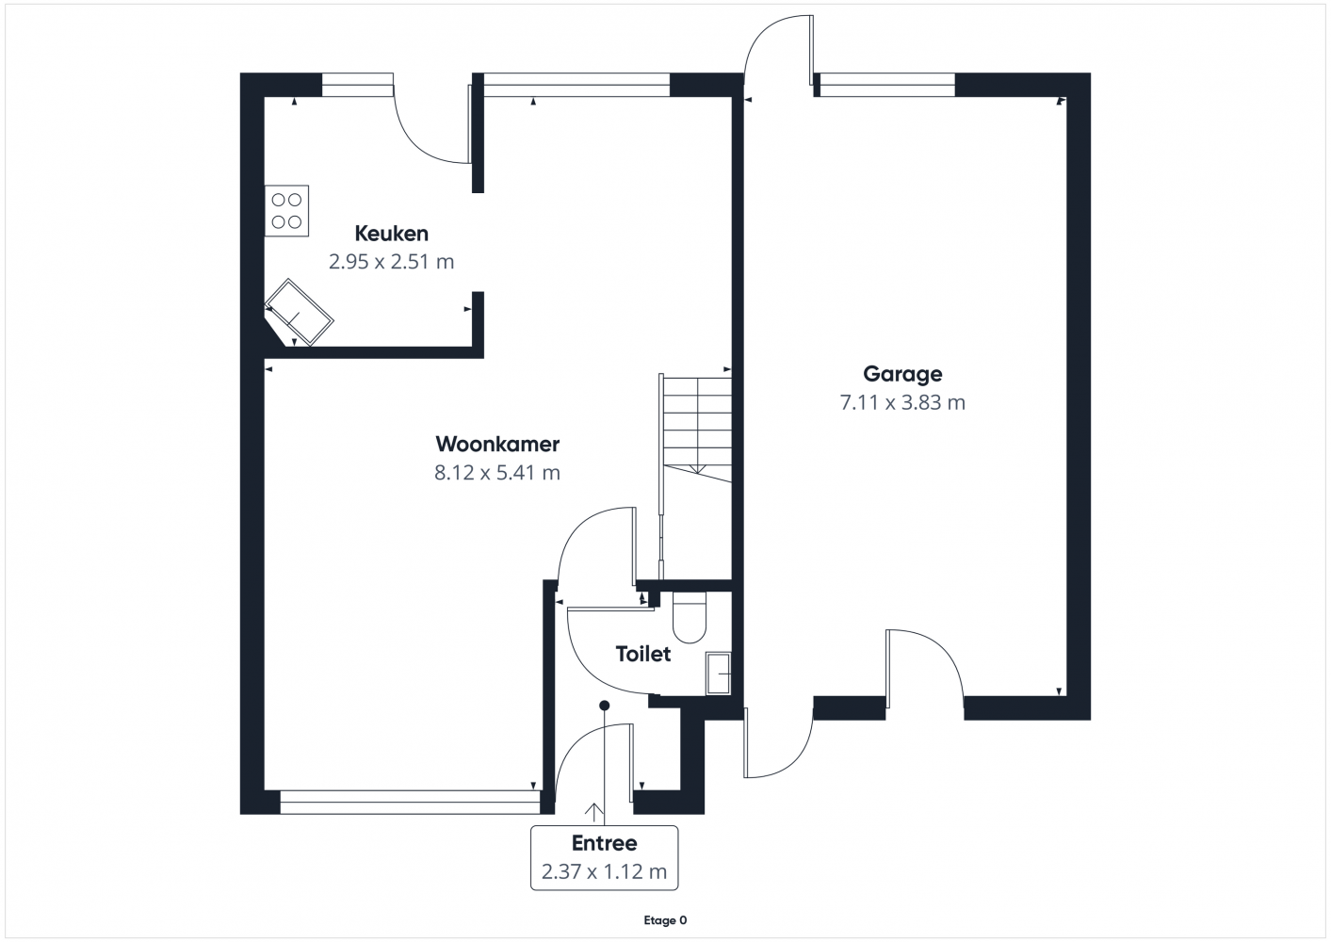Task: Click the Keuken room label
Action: coord(391,234)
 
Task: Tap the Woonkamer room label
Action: coord(497,444)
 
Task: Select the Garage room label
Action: coord(902,374)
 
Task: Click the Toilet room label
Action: coord(643,654)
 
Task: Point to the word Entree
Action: coord(605,843)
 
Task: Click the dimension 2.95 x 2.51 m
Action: coord(391,262)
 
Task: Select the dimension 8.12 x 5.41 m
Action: coord(497,473)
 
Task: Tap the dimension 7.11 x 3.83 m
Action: coord(902,402)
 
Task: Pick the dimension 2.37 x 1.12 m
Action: coord(605,871)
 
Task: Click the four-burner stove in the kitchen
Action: coord(286,211)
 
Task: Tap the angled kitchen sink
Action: coord(299,313)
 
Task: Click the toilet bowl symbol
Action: coord(690,618)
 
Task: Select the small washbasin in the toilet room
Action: coord(718,674)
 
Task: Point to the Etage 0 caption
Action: coord(665,920)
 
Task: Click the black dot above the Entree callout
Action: coord(605,706)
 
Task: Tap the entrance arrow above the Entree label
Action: coord(593,812)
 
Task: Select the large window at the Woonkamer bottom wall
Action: coord(410,802)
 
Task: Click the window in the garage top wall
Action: coord(887,85)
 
